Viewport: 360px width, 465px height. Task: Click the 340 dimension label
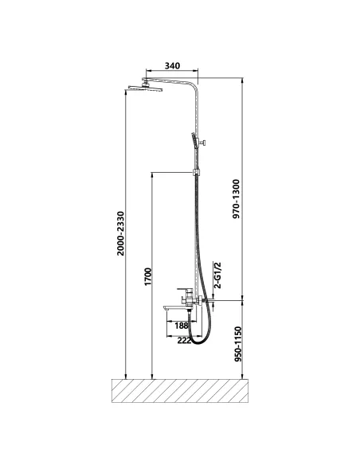(x=172, y=65)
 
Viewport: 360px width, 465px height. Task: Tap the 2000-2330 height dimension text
(x=120, y=233)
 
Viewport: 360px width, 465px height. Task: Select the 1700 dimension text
(x=147, y=276)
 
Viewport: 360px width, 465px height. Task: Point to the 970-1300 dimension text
(x=236, y=199)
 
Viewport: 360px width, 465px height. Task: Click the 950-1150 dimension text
(x=238, y=344)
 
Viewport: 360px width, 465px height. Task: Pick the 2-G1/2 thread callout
(x=217, y=275)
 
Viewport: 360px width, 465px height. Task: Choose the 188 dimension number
(x=181, y=326)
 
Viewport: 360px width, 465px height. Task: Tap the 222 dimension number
(x=184, y=341)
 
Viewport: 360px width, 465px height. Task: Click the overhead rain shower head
(x=145, y=88)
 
